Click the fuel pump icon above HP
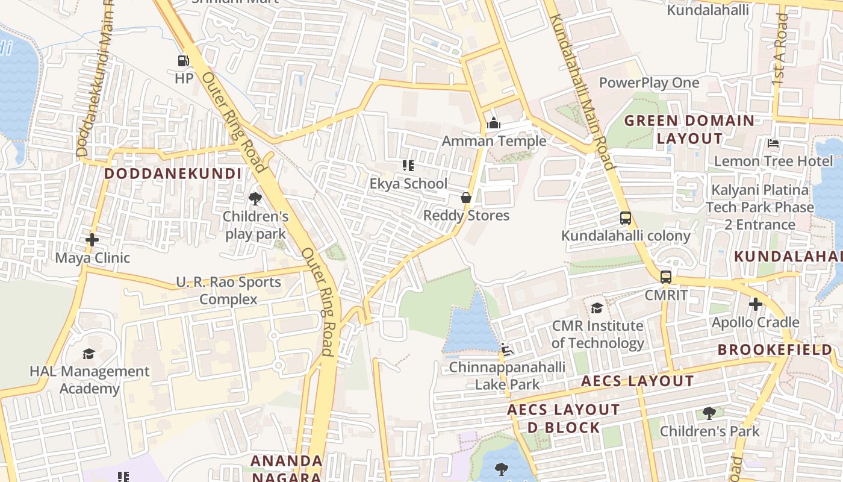[184, 61]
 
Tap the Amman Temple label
[494, 141]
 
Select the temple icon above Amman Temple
[494, 124]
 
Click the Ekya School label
[408, 184]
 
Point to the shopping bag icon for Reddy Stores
[465, 198]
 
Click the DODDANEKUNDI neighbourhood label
[173, 174]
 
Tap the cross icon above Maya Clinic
[92, 240]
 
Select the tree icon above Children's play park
[255, 198]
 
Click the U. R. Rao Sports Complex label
[228, 290]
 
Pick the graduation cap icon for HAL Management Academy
[89, 354]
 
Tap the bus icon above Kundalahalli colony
[626, 218]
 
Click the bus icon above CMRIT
[665, 277]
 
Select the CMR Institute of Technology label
[597, 335]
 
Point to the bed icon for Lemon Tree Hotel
[773, 143]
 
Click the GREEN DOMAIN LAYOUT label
[689, 130]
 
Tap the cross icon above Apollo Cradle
[755, 304]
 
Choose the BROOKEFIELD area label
[775, 349]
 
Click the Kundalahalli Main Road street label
[582, 90]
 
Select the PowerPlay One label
[649, 83]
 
